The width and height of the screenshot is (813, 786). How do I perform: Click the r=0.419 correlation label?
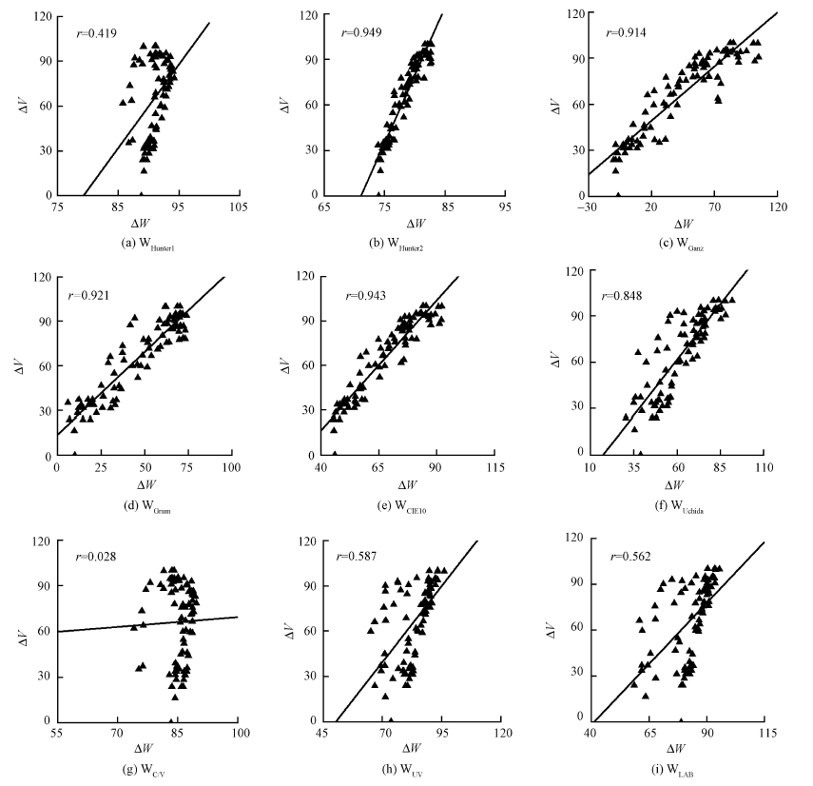pyautogui.click(x=96, y=33)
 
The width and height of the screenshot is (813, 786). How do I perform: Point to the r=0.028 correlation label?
pyautogui.click(x=96, y=557)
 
